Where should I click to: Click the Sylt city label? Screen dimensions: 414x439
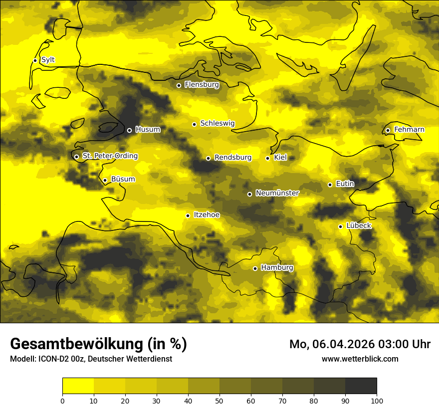pyautogui.click(x=48, y=60)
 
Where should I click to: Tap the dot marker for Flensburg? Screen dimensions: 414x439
pyautogui.click(x=179, y=85)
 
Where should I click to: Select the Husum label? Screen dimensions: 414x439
pyautogui.click(x=148, y=130)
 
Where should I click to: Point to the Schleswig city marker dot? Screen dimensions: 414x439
pyautogui.click(x=195, y=124)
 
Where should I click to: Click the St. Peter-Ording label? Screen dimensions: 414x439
pyautogui.click(x=110, y=156)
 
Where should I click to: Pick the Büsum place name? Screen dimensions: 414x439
pyautogui.click(x=123, y=179)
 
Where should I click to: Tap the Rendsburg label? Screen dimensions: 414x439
pyautogui.click(x=233, y=158)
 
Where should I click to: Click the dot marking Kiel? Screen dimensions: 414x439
pyautogui.click(x=268, y=158)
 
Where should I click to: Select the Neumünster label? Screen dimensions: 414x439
pyautogui.click(x=277, y=193)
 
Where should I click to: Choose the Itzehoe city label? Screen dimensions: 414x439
pyautogui.click(x=207, y=215)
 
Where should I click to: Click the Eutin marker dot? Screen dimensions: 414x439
pyautogui.click(x=330, y=185)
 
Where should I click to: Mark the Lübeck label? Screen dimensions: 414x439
pyautogui.click(x=358, y=226)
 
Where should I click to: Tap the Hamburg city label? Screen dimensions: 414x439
pyautogui.click(x=277, y=268)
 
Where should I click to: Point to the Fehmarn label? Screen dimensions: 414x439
pyautogui.click(x=409, y=130)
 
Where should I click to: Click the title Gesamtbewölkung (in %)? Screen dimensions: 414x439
pyautogui.click(x=98, y=344)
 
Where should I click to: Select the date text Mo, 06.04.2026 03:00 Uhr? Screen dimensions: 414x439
pyautogui.click(x=360, y=344)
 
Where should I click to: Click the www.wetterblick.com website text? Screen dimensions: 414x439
pyautogui.click(x=360, y=359)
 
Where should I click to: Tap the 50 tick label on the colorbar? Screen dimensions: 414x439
pyautogui.click(x=219, y=401)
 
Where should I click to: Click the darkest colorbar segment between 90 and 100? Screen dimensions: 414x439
pyautogui.click(x=361, y=386)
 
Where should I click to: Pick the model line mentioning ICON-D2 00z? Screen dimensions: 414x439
pyautogui.click(x=91, y=359)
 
